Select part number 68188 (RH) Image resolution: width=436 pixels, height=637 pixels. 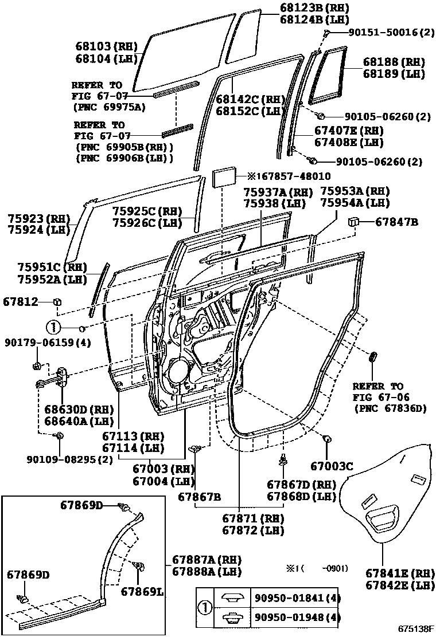tap(393, 62)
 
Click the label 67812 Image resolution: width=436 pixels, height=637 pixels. tap(20, 301)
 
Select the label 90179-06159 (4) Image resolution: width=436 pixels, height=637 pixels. tap(40, 343)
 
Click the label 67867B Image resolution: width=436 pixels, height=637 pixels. tap(199, 496)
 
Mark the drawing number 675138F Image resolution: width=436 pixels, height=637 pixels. tap(415, 629)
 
